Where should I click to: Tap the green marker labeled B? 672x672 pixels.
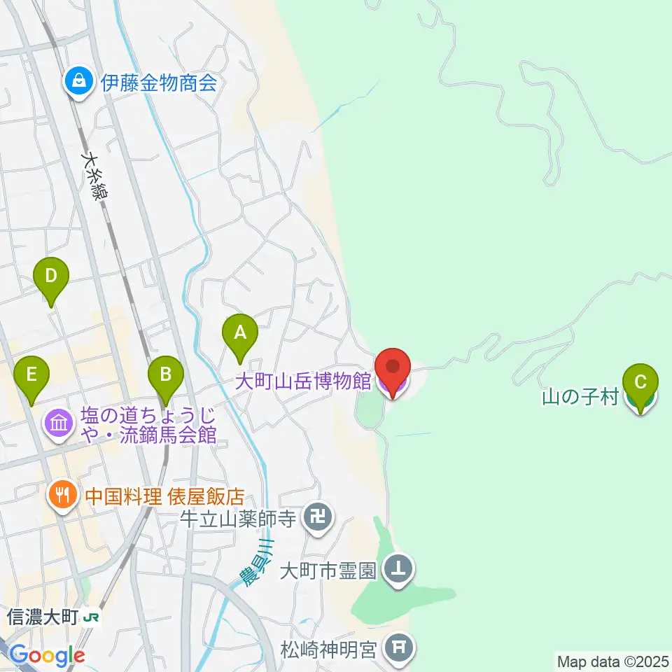165,374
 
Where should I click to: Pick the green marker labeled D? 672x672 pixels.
50,276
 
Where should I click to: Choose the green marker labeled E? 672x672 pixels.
31,374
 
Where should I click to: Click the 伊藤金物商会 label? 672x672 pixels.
159,83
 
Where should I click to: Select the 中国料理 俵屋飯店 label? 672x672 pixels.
164,497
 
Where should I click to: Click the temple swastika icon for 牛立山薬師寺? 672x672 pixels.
318,519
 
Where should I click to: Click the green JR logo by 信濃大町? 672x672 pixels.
90,617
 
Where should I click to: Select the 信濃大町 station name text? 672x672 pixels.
42,617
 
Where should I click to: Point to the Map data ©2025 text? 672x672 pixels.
612,661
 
